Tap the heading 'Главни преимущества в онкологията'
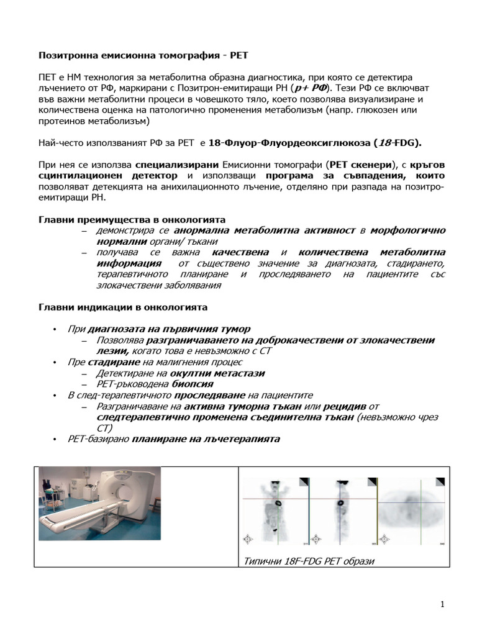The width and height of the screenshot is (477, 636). pos(132,220)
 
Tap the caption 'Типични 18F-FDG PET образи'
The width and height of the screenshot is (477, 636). pos(309,561)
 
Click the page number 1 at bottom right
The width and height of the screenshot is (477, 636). pos(442,604)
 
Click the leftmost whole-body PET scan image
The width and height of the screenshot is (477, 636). pos(273,509)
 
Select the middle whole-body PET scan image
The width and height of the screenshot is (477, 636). pos(340,509)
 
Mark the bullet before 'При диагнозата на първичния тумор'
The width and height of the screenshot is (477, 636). pos(55,329)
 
